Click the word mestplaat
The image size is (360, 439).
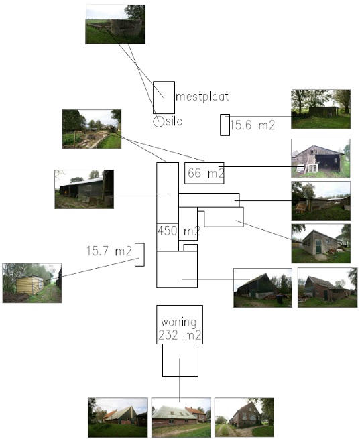tap(202, 97)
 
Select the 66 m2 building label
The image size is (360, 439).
tap(206, 173)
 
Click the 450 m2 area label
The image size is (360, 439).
tap(179, 231)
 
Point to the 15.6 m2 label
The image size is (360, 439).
tap(252, 125)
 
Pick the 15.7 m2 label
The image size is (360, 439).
tap(109, 251)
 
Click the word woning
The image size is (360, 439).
tap(178, 322)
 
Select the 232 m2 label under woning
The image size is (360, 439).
tap(180, 335)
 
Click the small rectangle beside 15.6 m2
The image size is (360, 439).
tap(225, 125)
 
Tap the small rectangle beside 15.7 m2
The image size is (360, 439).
tap(139, 255)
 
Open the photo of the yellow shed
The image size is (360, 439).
tap(32, 283)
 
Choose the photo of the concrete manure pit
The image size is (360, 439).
tap(115, 24)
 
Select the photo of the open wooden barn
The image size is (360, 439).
tap(320, 158)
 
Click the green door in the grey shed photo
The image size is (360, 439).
tap(319, 247)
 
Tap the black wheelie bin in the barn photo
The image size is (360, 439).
tap(279, 299)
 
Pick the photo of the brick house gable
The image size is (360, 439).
tap(244, 418)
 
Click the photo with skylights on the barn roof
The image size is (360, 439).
tap(181, 418)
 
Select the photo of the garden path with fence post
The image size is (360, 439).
tap(92, 129)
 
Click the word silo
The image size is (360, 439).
tap(174, 121)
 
